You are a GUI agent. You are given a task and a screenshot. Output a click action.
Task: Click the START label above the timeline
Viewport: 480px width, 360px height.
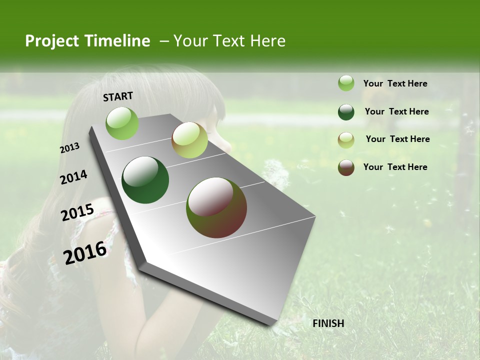(x=118, y=96)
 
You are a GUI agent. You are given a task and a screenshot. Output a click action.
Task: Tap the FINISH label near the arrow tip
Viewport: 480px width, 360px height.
(x=328, y=323)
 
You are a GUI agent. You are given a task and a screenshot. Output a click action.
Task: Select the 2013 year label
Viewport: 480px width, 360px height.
(x=69, y=148)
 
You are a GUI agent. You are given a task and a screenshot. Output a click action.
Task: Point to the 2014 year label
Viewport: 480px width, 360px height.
(x=73, y=177)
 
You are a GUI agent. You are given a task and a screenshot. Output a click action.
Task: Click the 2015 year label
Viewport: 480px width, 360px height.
(x=77, y=212)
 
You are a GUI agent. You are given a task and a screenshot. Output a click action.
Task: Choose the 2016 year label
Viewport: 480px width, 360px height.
(x=85, y=253)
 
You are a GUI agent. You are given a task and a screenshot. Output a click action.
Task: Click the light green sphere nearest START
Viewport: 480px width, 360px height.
(x=122, y=123)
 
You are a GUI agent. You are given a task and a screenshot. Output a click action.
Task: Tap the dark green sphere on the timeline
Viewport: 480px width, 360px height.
(x=145, y=180)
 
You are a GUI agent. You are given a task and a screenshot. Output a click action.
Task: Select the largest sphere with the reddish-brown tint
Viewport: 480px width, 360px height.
(x=216, y=207)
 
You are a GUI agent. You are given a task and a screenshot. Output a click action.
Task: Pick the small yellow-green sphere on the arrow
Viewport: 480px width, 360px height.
(x=189, y=140)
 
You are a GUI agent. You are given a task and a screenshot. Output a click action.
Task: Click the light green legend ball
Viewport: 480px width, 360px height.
(x=346, y=83)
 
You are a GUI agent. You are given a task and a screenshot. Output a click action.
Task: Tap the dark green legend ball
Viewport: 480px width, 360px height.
(x=346, y=112)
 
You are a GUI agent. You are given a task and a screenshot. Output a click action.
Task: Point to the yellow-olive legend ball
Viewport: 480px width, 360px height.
(x=346, y=140)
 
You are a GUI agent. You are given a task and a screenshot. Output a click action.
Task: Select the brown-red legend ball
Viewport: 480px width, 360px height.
(x=346, y=167)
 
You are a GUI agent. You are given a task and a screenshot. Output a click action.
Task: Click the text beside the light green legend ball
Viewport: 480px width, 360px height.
(x=395, y=83)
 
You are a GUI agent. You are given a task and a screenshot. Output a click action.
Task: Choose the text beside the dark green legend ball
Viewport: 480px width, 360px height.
(x=396, y=111)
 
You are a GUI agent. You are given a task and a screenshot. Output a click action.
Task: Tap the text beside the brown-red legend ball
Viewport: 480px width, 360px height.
(x=395, y=167)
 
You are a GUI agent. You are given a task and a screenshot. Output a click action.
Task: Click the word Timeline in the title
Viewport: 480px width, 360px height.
(x=118, y=41)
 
